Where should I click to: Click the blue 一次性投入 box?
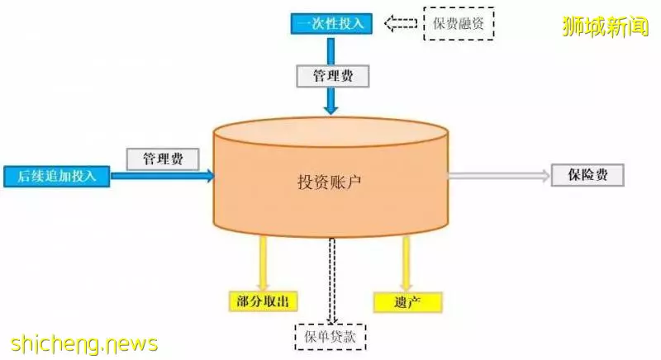pyautogui.click(x=331, y=24)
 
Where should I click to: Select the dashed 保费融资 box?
pyautogui.click(x=459, y=24)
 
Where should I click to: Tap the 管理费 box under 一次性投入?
pyautogui.click(x=333, y=76)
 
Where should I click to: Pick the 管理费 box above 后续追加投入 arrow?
pyautogui.click(x=163, y=159)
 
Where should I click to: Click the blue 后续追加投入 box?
pyautogui.click(x=57, y=176)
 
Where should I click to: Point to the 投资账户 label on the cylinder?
pyautogui.click(x=330, y=182)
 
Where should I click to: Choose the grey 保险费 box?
pyautogui.click(x=587, y=175)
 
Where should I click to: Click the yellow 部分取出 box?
pyautogui.click(x=264, y=301)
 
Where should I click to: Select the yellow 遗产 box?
pyautogui.click(x=407, y=302)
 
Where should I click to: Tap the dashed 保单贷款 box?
pyautogui.click(x=330, y=337)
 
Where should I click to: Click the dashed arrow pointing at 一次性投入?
pyautogui.click(x=401, y=24)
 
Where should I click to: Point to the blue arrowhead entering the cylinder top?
pyautogui.click(x=331, y=109)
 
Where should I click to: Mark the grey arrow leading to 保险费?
pyautogui.click(x=499, y=176)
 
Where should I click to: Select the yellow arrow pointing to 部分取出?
pyautogui.click(x=263, y=263)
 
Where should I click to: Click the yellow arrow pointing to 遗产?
pyautogui.click(x=406, y=263)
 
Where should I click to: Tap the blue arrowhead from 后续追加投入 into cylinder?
pyautogui.click(x=210, y=176)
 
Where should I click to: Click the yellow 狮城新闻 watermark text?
pyautogui.click(x=606, y=26)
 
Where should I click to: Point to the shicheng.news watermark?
pyautogui.click(x=84, y=344)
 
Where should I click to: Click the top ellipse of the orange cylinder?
pyautogui.click(x=330, y=132)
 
